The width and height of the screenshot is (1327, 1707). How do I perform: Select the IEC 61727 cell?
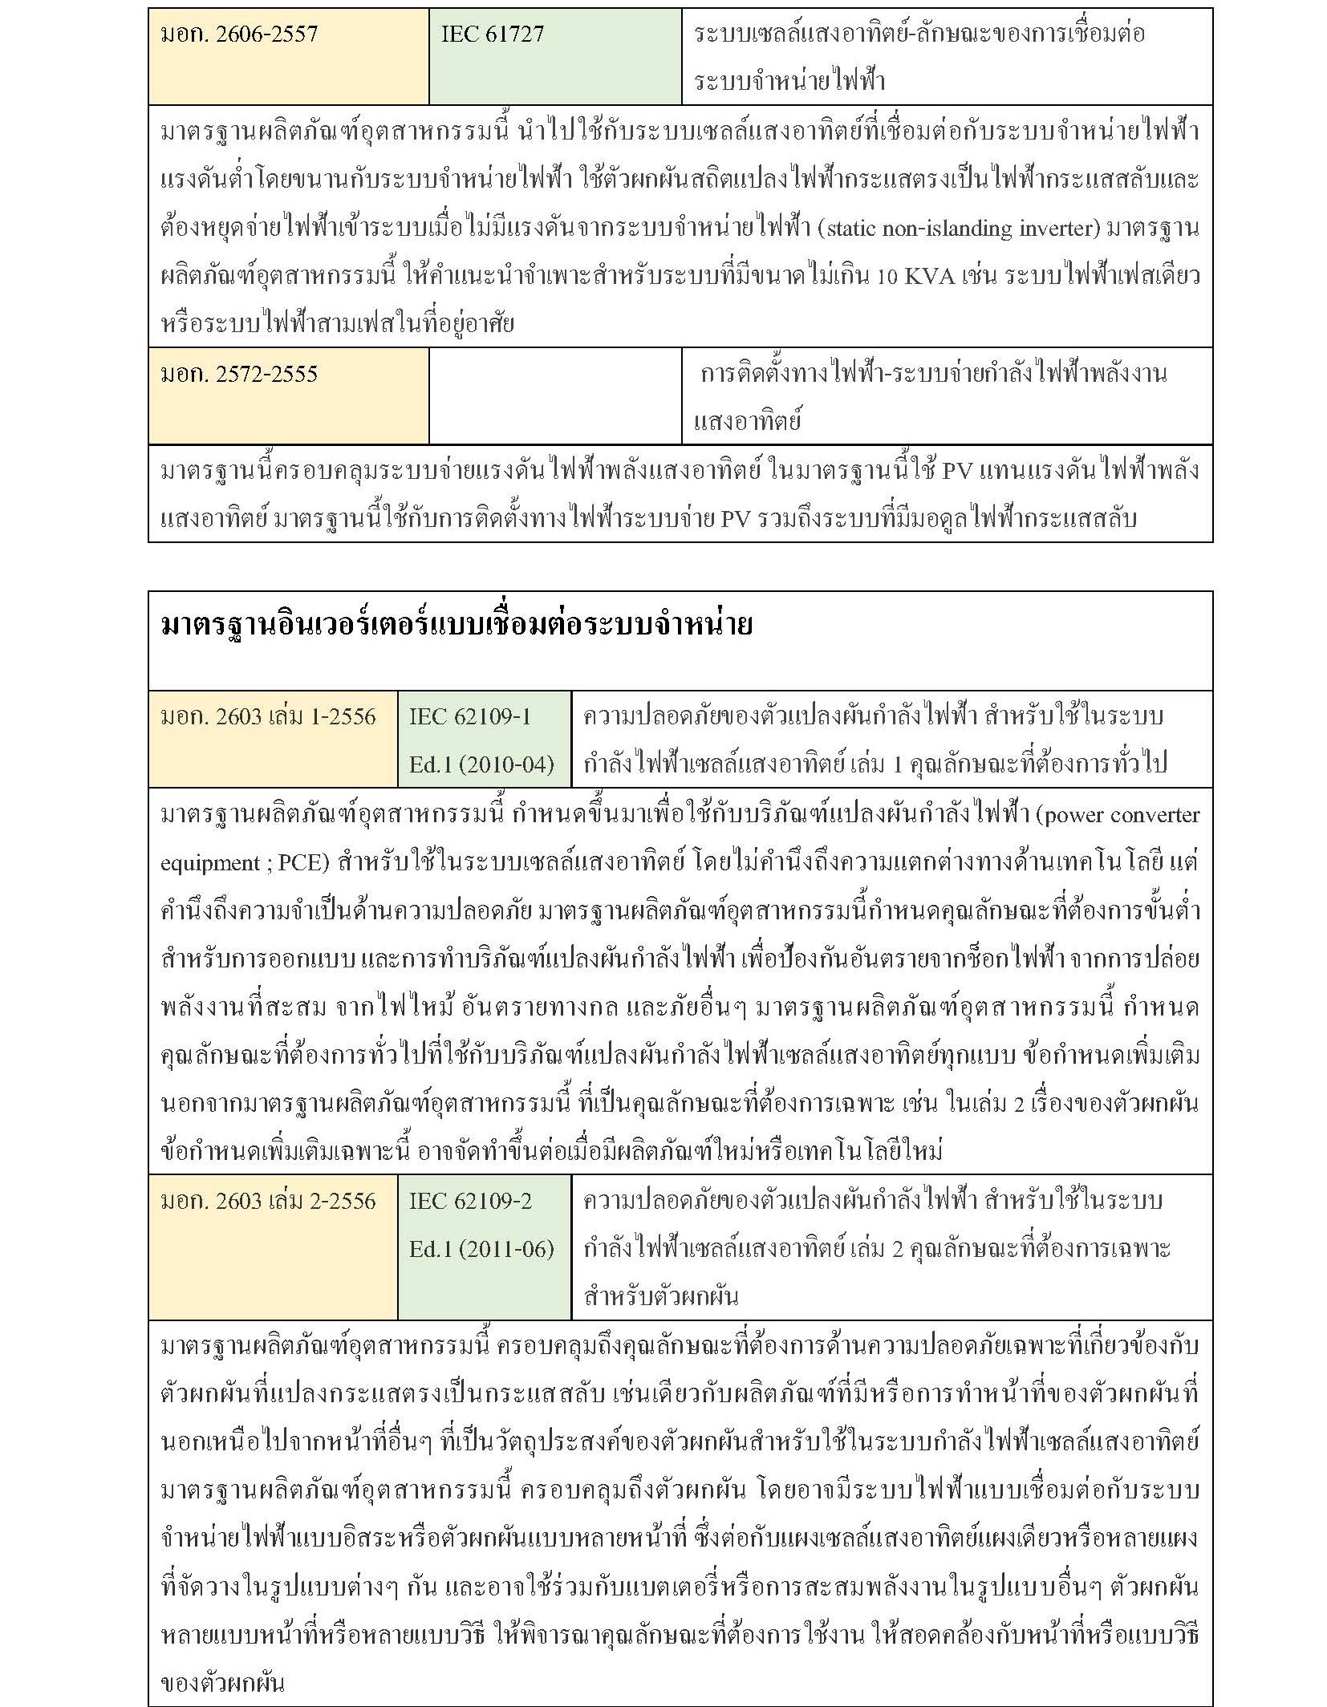coord(493,34)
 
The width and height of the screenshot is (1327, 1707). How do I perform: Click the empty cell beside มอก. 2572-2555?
coord(555,396)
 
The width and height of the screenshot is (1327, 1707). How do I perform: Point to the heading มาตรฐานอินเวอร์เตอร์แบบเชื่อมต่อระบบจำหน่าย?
coord(457,625)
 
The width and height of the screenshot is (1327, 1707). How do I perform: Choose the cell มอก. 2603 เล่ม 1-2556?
coord(269,716)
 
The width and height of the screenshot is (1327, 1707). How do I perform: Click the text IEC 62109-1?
coord(470,716)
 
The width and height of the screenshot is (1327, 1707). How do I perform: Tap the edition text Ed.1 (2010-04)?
coord(481,764)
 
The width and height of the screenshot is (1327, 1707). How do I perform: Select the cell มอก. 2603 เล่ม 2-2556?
coord(269,1201)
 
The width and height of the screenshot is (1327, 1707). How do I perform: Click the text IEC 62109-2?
coord(470,1201)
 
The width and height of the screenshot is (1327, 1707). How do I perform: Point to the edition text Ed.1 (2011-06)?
coord(481,1248)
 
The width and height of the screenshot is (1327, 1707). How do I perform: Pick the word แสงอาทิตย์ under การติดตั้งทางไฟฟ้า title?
coord(747,421)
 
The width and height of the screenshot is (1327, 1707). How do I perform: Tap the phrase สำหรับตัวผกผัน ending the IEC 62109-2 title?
coord(661,1296)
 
